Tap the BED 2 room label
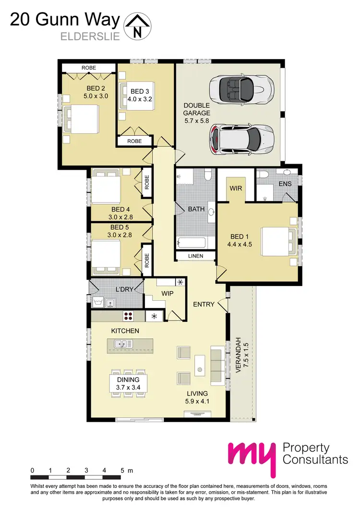(x=81, y=89)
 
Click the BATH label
(x=196, y=209)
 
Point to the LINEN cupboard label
(x=195, y=256)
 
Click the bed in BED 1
(x=278, y=244)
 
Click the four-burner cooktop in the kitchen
(x=129, y=316)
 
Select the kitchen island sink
(x=123, y=343)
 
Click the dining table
(x=128, y=382)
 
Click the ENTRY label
(x=203, y=304)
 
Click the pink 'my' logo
(x=252, y=456)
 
